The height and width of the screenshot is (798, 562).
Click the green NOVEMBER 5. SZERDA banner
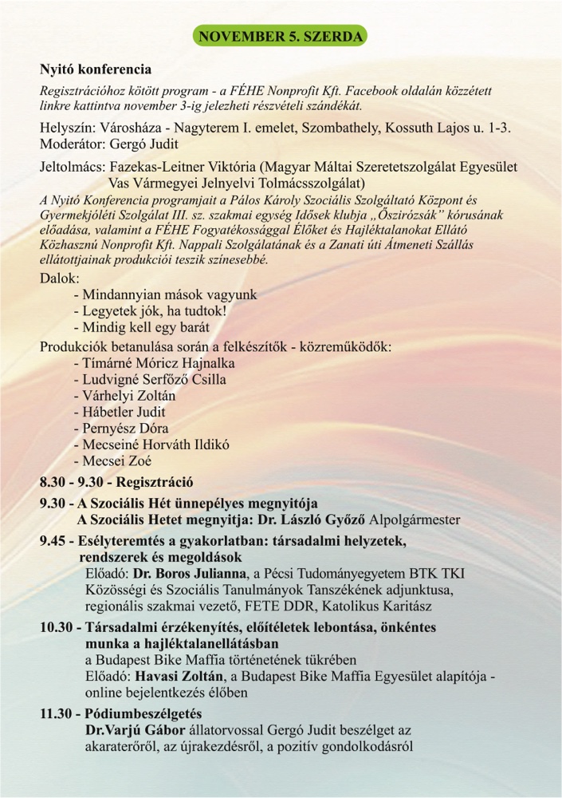[281, 37]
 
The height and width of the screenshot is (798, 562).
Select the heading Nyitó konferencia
[96, 69]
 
